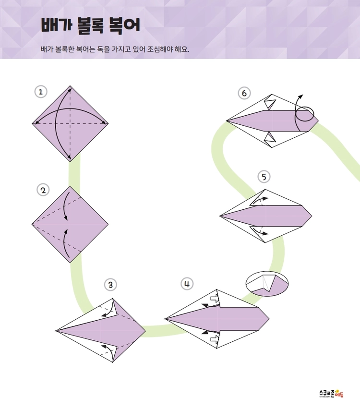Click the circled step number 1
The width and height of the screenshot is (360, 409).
click(x=41, y=92)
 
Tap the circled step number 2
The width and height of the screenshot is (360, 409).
click(x=43, y=190)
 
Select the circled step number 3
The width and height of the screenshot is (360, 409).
click(x=110, y=285)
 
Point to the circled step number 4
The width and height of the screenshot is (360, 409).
click(x=187, y=284)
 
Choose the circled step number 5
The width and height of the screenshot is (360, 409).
click(x=264, y=177)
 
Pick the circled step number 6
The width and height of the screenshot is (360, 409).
click(x=244, y=93)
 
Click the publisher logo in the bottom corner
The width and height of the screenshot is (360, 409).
click(x=331, y=393)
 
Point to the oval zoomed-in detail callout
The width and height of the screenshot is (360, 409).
click(x=267, y=284)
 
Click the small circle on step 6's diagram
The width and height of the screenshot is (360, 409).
click(x=305, y=114)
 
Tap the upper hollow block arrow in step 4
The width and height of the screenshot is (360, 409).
click(x=215, y=300)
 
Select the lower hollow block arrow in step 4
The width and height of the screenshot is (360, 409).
click(x=215, y=338)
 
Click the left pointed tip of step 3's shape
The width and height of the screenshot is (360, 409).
click(x=56, y=331)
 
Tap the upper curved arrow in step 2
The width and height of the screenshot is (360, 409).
click(x=65, y=207)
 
